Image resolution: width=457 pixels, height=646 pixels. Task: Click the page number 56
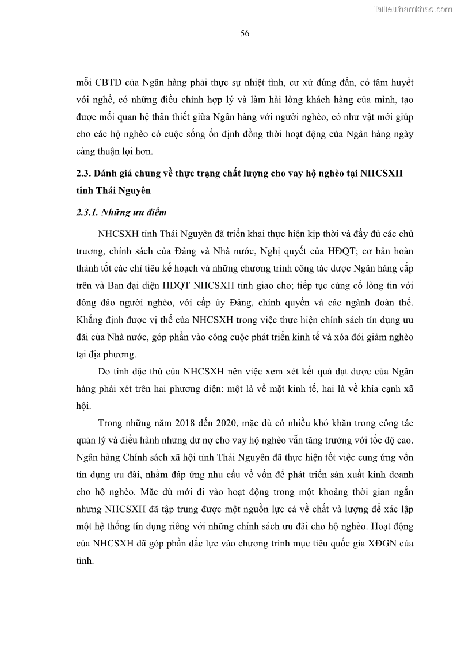[x=245, y=33]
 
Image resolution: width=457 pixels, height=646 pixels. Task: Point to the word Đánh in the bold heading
[x=112, y=174]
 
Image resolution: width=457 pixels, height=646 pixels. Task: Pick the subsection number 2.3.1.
[x=86, y=212]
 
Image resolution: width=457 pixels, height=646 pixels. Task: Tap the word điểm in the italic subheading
[x=154, y=212]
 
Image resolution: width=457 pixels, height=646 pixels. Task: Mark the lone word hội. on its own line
[x=84, y=405]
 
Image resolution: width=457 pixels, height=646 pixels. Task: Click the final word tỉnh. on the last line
[x=85, y=560]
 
